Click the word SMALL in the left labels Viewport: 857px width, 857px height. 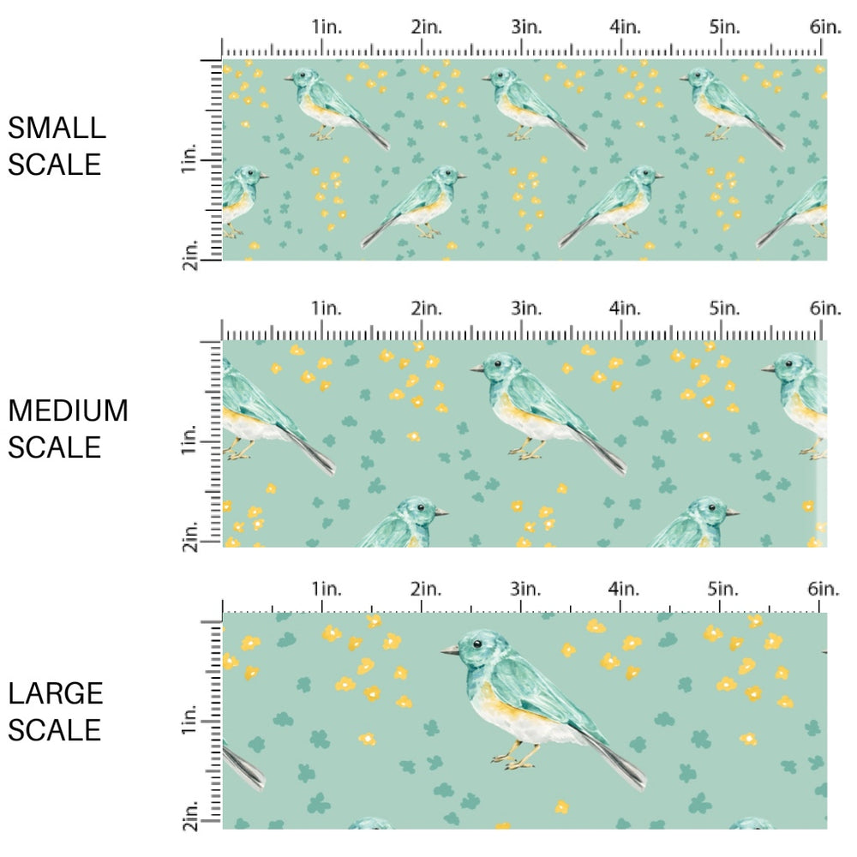pyautogui.click(x=57, y=129)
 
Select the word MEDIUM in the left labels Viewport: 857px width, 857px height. pyautogui.click(x=68, y=411)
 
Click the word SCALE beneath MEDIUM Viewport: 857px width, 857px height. pyautogui.click(x=56, y=447)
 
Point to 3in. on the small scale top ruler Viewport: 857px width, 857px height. pyautogui.click(x=524, y=27)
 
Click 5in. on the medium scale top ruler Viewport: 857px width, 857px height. pyautogui.click(x=724, y=309)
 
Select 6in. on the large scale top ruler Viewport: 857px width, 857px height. pyautogui.click(x=824, y=589)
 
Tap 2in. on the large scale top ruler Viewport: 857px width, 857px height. pyautogui.click(x=426, y=589)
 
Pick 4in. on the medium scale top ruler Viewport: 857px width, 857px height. pyautogui.click(x=625, y=309)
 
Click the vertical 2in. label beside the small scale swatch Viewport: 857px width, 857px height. pyautogui.click(x=190, y=255)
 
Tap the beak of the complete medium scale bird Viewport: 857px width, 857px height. pyautogui.click(x=476, y=369)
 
